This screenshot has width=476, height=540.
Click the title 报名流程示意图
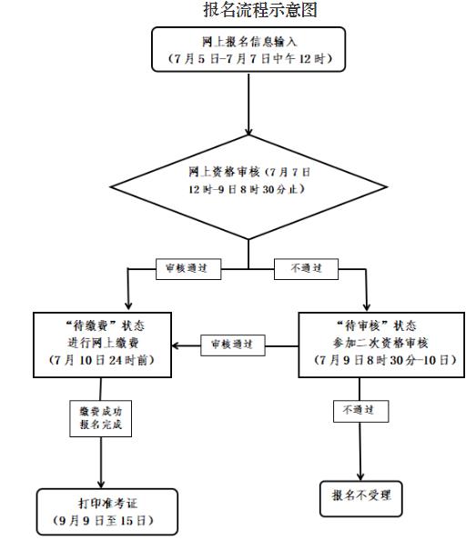point(248,11)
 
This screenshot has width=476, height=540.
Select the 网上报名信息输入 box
point(248,51)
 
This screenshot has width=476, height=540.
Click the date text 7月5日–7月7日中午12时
point(248,59)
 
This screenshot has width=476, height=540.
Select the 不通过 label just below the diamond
point(303,268)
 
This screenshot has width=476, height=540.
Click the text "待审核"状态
point(379,325)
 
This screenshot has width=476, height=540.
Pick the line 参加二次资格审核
point(379,343)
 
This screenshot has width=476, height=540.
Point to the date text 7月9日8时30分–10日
point(379,360)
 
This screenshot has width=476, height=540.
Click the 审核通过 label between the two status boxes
point(232,345)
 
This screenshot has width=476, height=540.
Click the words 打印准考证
point(101,505)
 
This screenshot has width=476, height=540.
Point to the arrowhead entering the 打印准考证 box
point(100,485)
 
